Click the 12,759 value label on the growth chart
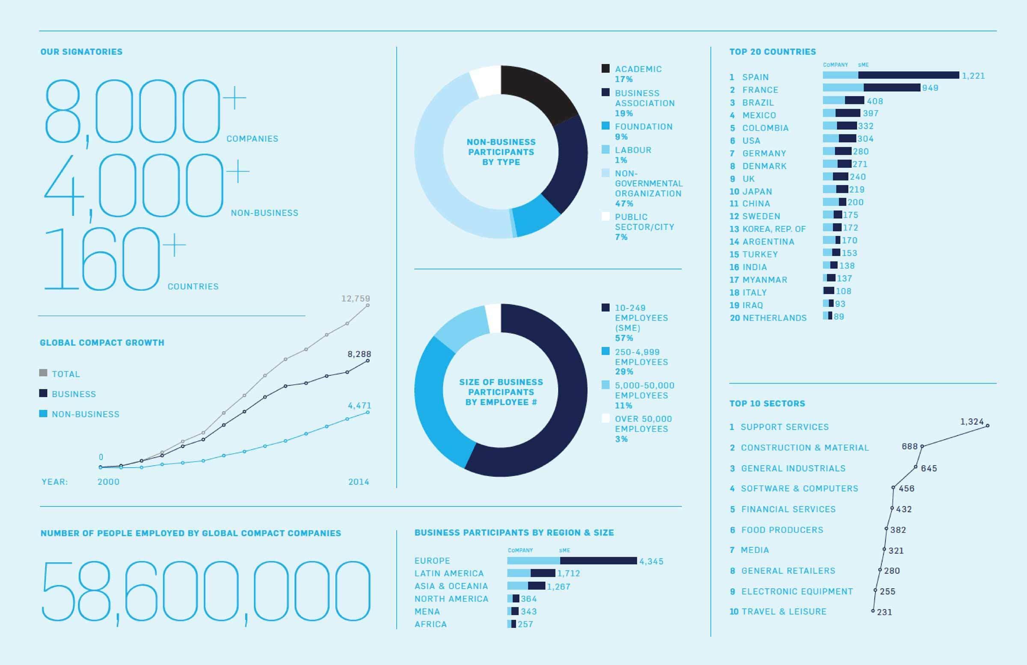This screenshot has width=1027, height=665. (x=355, y=298)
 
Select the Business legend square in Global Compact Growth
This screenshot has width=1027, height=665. (x=43, y=393)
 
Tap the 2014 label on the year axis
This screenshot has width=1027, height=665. (x=359, y=481)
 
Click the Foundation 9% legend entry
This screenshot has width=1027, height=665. (x=643, y=131)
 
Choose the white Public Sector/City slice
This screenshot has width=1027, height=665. (x=485, y=80)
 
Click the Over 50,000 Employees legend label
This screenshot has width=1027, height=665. (x=643, y=424)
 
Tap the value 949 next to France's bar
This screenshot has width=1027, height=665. (x=930, y=88)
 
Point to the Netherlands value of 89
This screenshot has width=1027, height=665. (x=838, y=317)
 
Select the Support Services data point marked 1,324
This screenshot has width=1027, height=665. (x=987, y=426)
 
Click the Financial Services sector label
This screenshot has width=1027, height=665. (x=788, y=509)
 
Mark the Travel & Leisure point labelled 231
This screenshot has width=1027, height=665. (x=873, y=611)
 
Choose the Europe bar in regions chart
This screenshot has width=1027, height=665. (x=572, y=561)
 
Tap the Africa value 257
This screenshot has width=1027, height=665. (x=525, y=624)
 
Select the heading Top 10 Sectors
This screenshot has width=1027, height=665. (x=767, y=404)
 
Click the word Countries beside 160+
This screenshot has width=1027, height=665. (x=193, y=287)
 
